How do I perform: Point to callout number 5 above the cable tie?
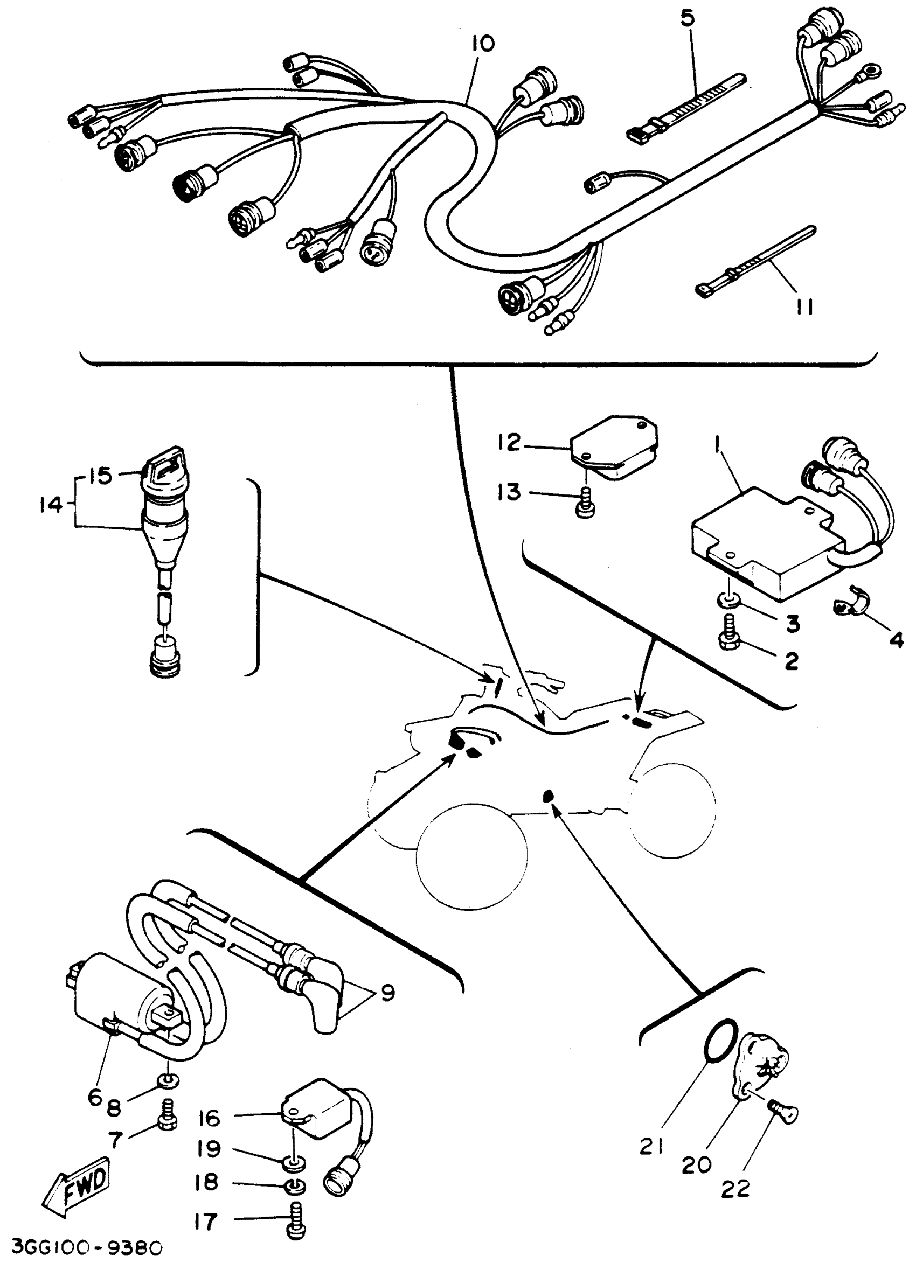(x=688, y=19)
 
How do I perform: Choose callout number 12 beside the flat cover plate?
(x=509, y=443)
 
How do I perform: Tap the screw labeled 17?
(x=298, y=1223)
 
